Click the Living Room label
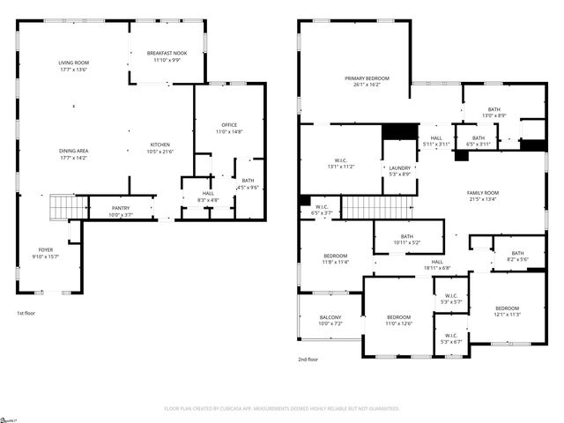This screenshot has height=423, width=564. click(x=73, y=63)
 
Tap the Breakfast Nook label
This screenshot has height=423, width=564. click(x=166, y=54)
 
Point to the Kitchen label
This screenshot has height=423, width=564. click(x=160, y=145)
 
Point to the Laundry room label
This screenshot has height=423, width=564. click(x=399, y=167)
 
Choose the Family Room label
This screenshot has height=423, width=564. click(x=483, y=192)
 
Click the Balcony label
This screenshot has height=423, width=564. click(x=330, y=317)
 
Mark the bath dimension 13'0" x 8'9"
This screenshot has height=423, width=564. click(x=493, y=115)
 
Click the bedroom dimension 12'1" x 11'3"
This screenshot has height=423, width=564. click(x=508, y=315)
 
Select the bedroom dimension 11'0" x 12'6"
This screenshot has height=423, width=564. click(x=399, y=323)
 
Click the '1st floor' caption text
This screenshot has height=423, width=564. click(x=26, y=313)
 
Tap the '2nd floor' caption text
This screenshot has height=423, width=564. click(x=308, y=360)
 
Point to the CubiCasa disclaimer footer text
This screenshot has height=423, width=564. click(x=282, y=409)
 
